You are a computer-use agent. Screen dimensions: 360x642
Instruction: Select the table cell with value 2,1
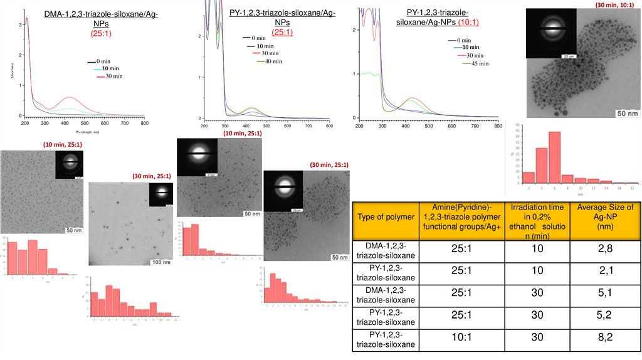[x=605, y=270]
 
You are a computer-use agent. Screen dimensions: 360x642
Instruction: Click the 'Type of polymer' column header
[x=386, y=216]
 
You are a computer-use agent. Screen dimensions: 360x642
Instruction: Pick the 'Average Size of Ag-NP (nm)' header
[x=605, y=216]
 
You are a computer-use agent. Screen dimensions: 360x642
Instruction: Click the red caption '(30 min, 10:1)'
[x=615, y=5]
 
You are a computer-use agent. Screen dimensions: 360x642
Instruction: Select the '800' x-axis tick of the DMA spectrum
[x=144, y=124]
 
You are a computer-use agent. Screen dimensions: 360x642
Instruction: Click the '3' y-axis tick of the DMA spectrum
[x=21, y=24]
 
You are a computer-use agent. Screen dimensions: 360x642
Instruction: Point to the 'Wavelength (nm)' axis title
[x=86, y=132]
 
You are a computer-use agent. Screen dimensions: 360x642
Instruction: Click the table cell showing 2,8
[x=605, y=249]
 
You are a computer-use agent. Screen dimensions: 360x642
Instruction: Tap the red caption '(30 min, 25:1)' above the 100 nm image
[x=152, y=176]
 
